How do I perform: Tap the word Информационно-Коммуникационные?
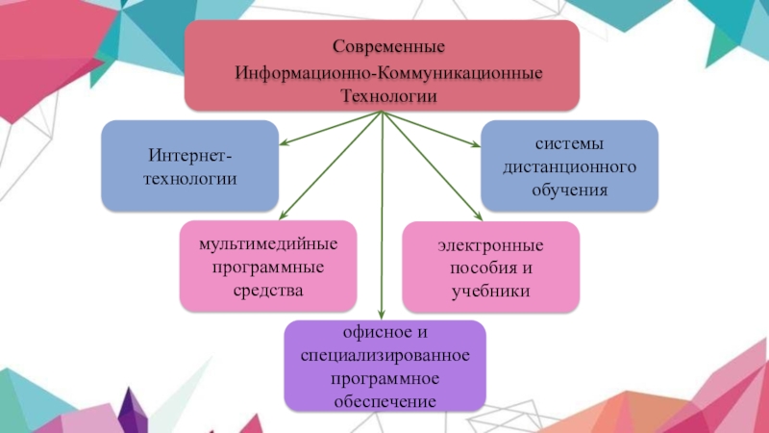click(382, 71)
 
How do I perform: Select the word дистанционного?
click(569, 166)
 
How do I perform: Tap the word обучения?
click(569, 190)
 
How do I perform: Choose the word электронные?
click(491, 243)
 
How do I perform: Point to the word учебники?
click(491, 291)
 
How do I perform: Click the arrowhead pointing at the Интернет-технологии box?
click(285, 145)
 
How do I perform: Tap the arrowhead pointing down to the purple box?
click(383, 313)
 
